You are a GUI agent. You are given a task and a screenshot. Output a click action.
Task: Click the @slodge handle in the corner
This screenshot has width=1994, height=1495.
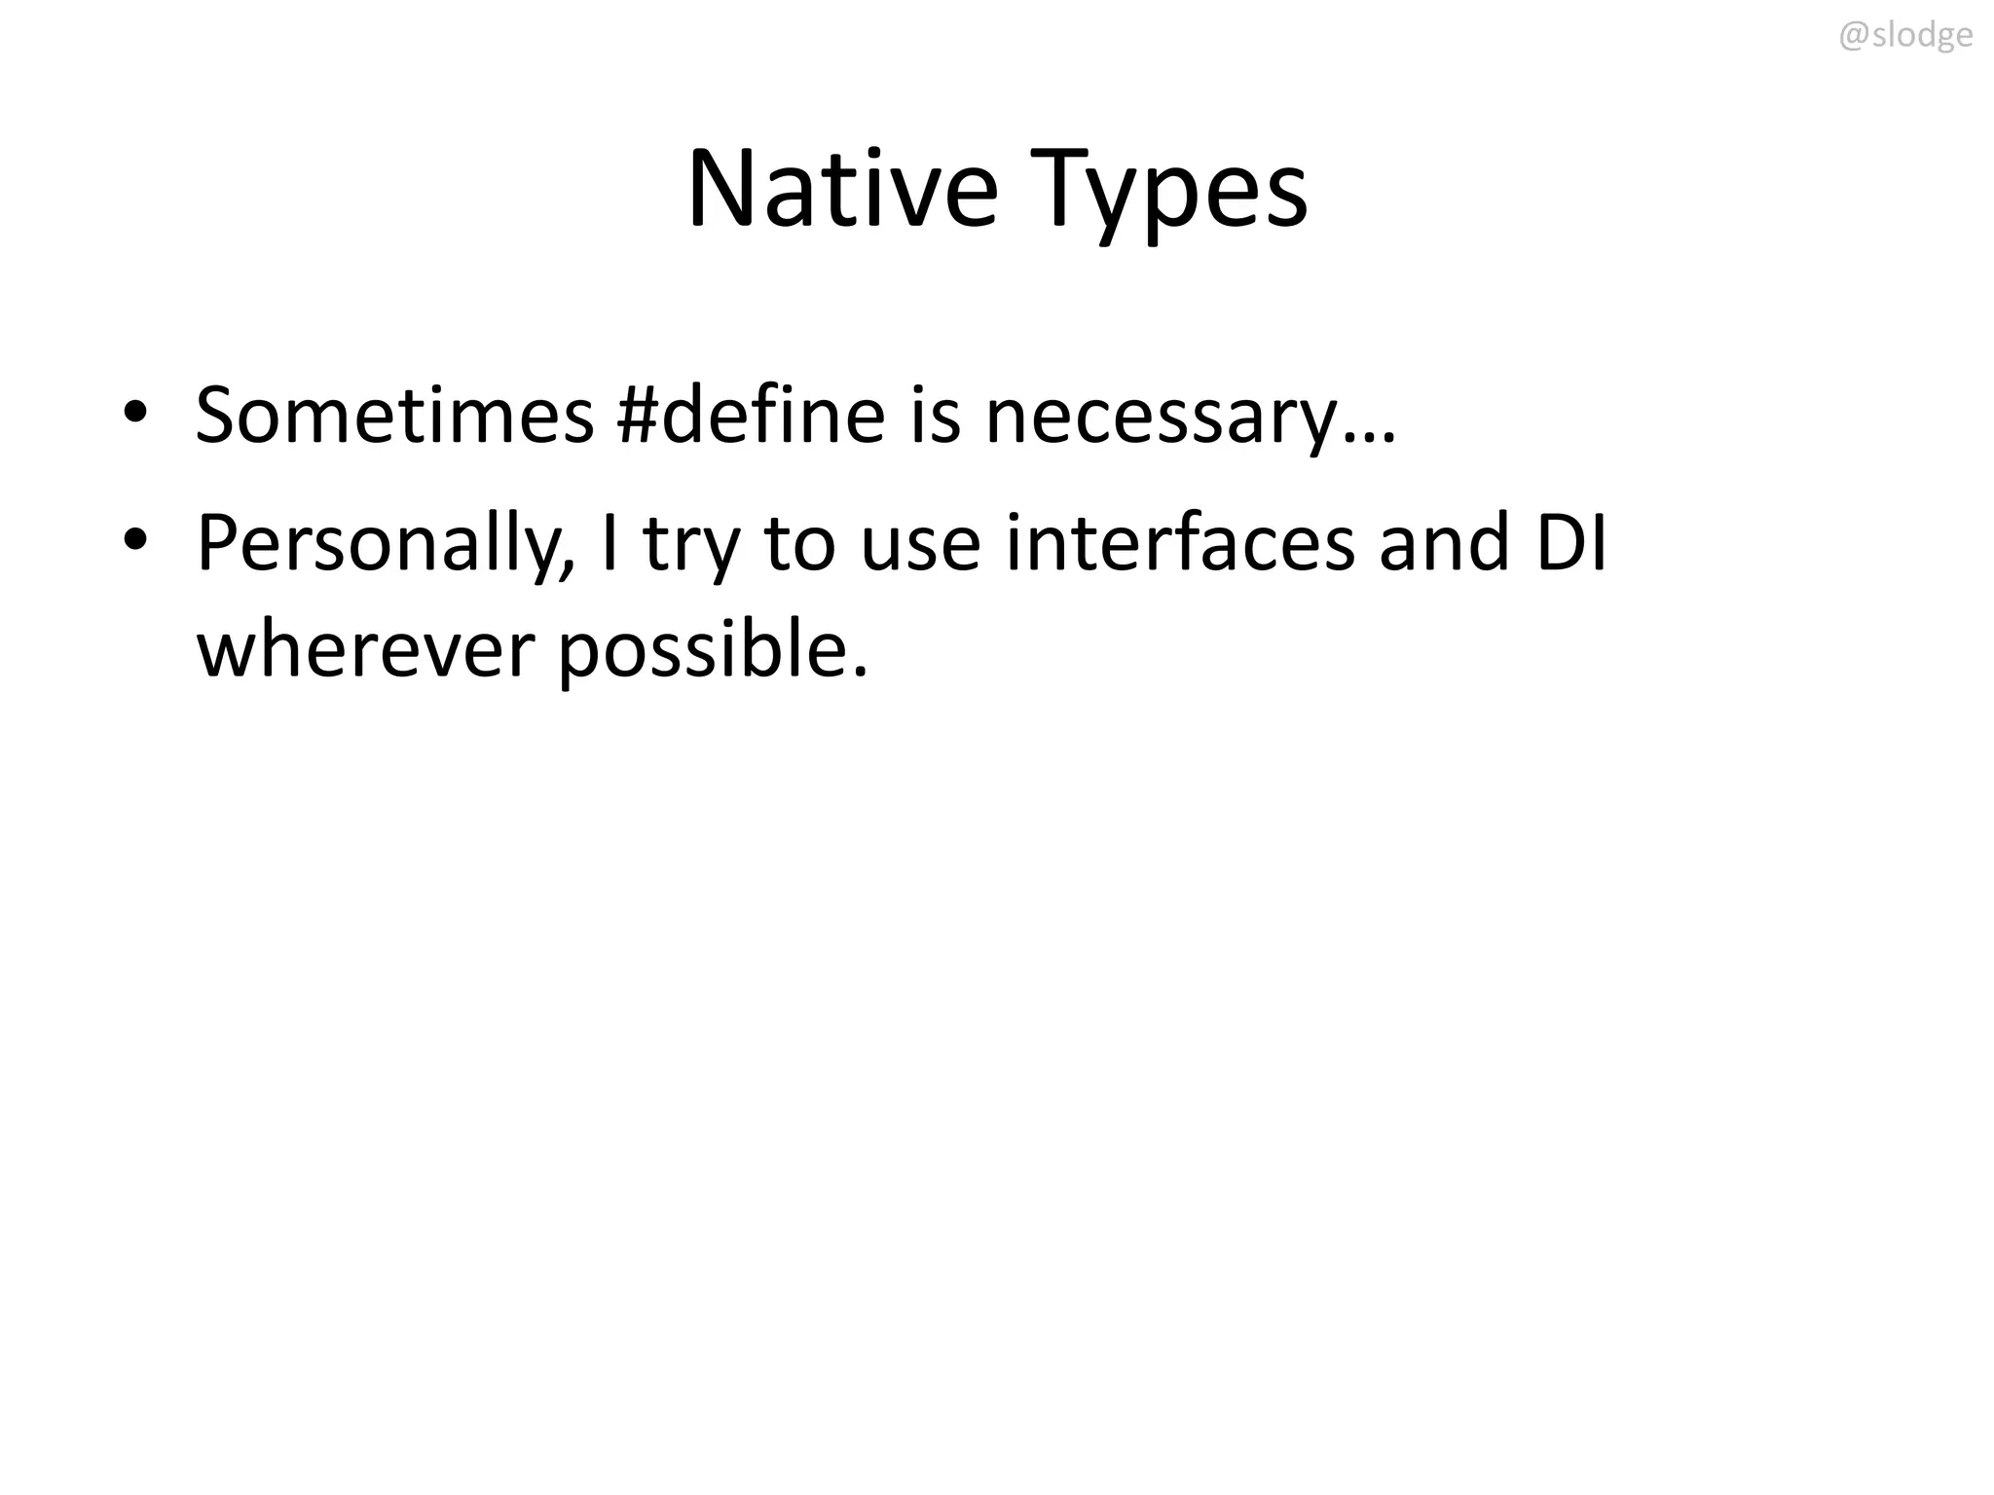coord(1905,36)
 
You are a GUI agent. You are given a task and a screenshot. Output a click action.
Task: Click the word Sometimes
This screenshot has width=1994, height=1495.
coord(394,415)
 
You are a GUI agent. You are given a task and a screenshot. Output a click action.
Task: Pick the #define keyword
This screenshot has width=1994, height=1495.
coord(752,415)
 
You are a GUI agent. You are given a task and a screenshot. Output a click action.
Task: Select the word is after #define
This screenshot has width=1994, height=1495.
coord(936,415)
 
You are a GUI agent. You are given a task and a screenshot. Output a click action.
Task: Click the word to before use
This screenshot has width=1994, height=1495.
coord(800,543)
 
